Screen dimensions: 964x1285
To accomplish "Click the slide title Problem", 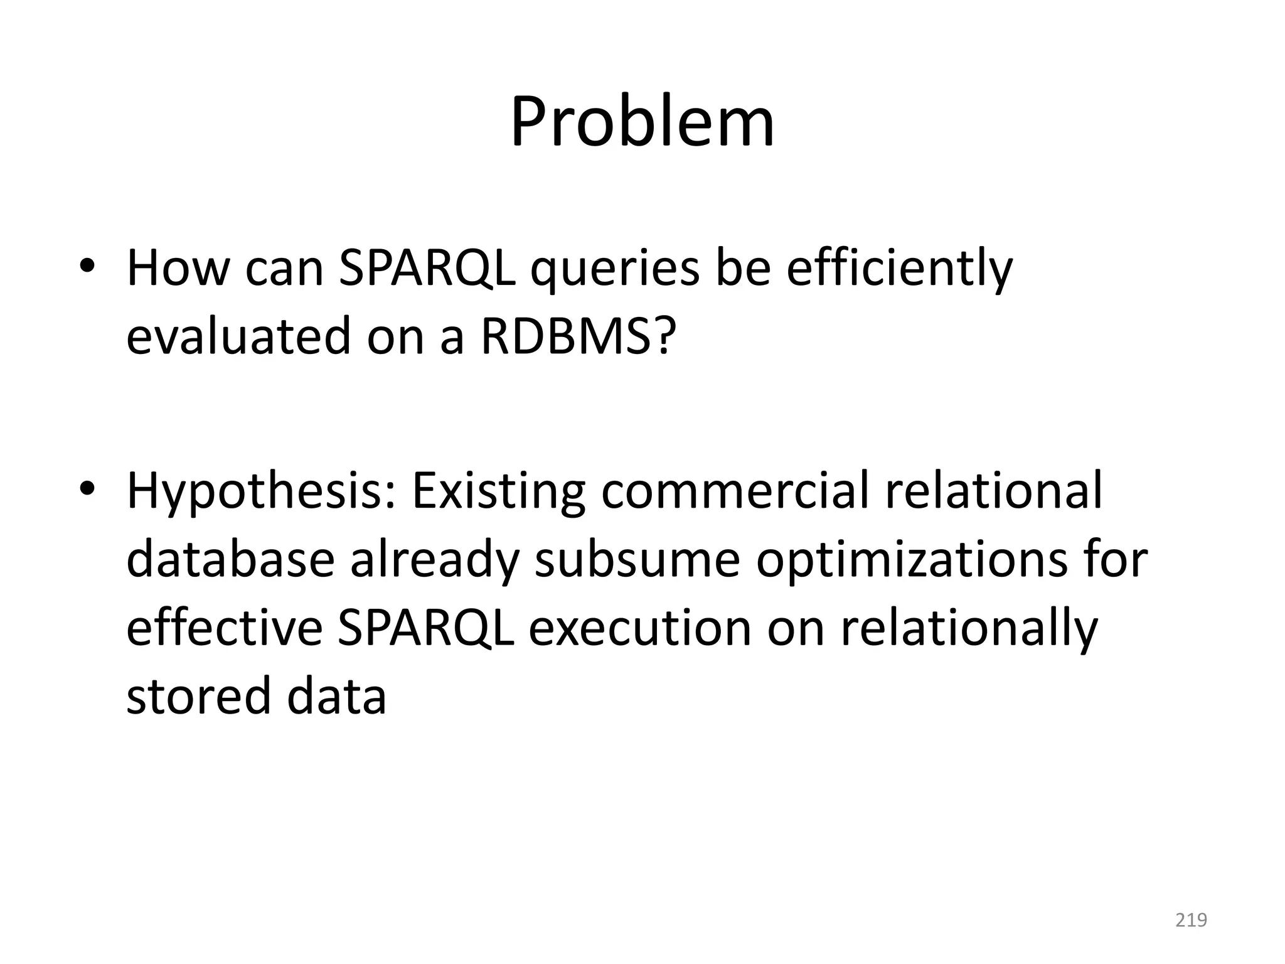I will (642, 122).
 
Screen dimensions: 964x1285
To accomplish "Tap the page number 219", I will (1191, 920).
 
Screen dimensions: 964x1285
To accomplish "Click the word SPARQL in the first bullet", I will (427, 269).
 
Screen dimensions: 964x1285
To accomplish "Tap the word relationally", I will (969, 628).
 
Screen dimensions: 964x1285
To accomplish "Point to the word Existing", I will (499, 492).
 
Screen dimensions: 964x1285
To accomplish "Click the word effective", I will (225, 628).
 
